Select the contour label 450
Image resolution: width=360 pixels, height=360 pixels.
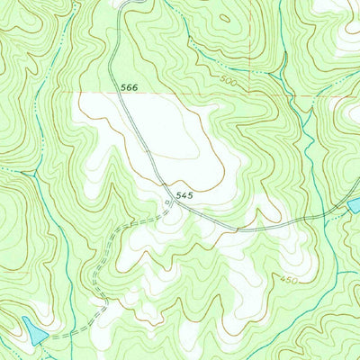(288, 280)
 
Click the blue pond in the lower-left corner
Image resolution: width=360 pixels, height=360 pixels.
(34, 334)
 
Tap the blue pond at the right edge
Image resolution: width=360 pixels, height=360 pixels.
(354, 207)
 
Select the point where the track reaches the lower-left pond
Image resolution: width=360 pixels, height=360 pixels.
(47, 336)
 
